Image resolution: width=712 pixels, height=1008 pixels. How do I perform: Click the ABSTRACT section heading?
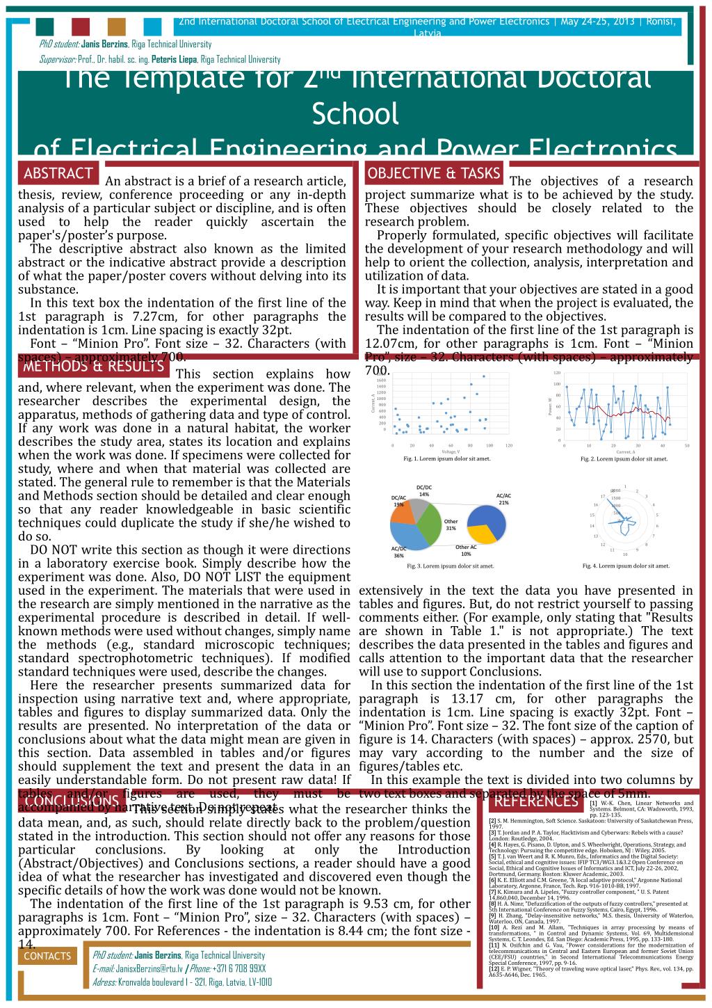[58, 173]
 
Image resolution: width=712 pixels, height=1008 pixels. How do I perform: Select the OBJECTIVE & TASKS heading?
[433, 173]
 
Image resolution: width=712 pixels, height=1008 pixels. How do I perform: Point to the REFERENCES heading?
[534, 802]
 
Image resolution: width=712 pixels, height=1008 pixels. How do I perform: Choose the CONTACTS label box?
[47, 956]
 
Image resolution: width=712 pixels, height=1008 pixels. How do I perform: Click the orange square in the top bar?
[117, 26]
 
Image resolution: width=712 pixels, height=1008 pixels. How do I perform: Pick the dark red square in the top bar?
[81, 26]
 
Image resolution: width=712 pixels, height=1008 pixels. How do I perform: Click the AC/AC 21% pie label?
[503, 499]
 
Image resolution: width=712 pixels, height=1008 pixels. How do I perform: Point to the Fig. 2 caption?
[624, 459]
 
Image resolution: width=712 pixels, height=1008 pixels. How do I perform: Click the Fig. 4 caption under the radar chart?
[626, 566]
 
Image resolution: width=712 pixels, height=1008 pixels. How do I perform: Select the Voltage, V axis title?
[450, 452]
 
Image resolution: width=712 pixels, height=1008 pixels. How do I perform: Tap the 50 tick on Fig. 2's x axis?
[686, 445]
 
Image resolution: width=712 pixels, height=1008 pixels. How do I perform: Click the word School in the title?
[355, 113]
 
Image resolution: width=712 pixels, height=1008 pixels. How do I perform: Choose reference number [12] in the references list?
[493, 969]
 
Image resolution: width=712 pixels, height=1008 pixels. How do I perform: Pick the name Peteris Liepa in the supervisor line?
[174, 60]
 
